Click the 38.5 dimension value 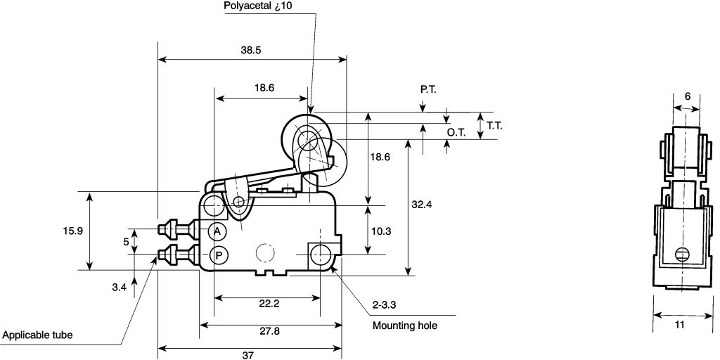[x=251, y=51]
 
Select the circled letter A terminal [x=217, y=231]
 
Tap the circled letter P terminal [x=219, y=255]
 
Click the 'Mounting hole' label [x=404, y=326]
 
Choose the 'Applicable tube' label [x=38, y=335]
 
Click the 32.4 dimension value [x=422, y=205]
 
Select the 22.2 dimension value [x=269, y=304]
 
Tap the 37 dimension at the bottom [x=248, y=355]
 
